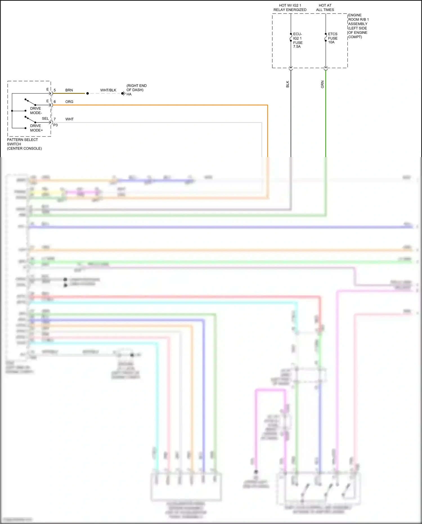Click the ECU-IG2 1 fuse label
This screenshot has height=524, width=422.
click(298, 40)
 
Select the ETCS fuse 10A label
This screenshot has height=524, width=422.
click(333, 38)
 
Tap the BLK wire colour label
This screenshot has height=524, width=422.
click(288, 84)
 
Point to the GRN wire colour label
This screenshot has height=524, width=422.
click(322, 84)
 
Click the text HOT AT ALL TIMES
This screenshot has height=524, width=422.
click(325, 8)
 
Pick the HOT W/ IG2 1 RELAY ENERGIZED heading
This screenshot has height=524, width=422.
click(290, 8)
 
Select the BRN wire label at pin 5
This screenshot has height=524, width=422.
click(69, 90)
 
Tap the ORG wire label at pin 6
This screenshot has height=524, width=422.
click(69, 102)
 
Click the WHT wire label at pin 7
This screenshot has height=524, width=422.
click(69, 119)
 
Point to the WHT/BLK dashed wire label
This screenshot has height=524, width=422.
click(108, 90)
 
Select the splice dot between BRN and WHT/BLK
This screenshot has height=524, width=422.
click(87, 93)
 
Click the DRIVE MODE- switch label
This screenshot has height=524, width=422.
click(36, 111)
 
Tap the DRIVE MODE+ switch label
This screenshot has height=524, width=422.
click(36, 128)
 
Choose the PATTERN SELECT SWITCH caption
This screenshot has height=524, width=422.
click(24, 144)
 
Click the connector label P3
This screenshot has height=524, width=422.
click(55, 125)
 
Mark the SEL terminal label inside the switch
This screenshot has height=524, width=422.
click(45, 119)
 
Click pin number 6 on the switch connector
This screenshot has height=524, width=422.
click(55, 102)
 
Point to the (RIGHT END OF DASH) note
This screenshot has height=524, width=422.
click(136, 88)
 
